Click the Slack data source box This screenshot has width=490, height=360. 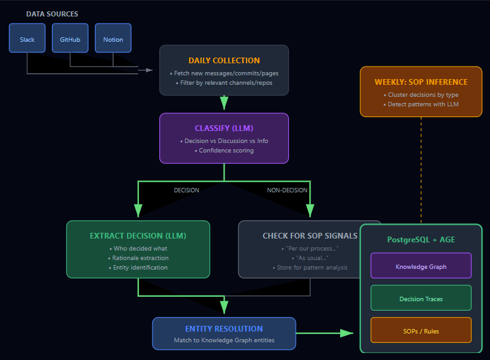[27, 39]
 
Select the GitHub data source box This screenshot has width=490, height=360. [70, 39]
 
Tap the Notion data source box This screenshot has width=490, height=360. [113, 39]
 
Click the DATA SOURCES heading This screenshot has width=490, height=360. [52, 14]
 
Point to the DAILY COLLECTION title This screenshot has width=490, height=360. [224, 61]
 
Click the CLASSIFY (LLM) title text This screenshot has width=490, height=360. [224, 128]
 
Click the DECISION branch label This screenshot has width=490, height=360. [187, 190]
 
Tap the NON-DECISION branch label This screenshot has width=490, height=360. [288, 190]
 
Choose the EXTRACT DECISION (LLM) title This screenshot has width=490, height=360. [138, 236]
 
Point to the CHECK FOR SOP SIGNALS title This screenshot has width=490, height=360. [310, 236]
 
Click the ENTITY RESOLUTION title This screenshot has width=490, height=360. [224, 329]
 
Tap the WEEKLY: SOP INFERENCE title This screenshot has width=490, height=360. [421, 82]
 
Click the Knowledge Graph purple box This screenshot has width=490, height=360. [421, 266]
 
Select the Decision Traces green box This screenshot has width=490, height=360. [421, 299]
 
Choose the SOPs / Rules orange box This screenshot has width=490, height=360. [421, 331]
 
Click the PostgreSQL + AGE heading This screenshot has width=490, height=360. [421, 240]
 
